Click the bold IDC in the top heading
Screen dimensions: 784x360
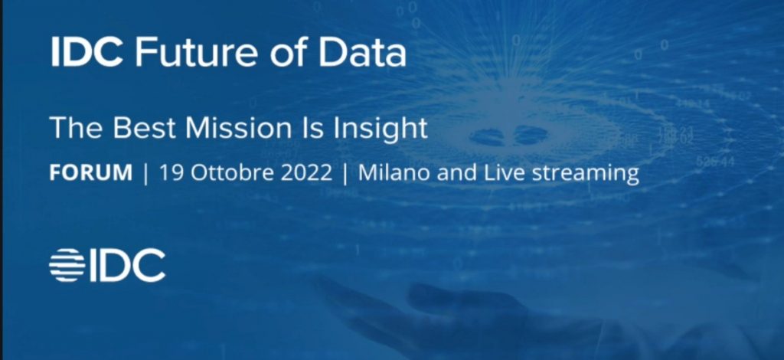tap(87, 52)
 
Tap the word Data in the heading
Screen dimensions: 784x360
tap(362, 52)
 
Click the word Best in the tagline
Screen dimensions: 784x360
tap(144, 127)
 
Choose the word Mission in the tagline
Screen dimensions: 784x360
tap(237, 127)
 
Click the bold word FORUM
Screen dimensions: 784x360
tap(91, 173)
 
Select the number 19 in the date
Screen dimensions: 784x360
tap(171, 173)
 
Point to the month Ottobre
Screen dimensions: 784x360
tap(233, 173)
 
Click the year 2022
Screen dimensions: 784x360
tap(306, 173)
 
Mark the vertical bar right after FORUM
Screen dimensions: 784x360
tap(145, 174)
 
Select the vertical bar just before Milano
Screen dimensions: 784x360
tap(345, 174)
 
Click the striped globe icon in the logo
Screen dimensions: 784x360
tap(67, 265)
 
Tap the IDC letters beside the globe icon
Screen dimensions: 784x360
tap(128, 265)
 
